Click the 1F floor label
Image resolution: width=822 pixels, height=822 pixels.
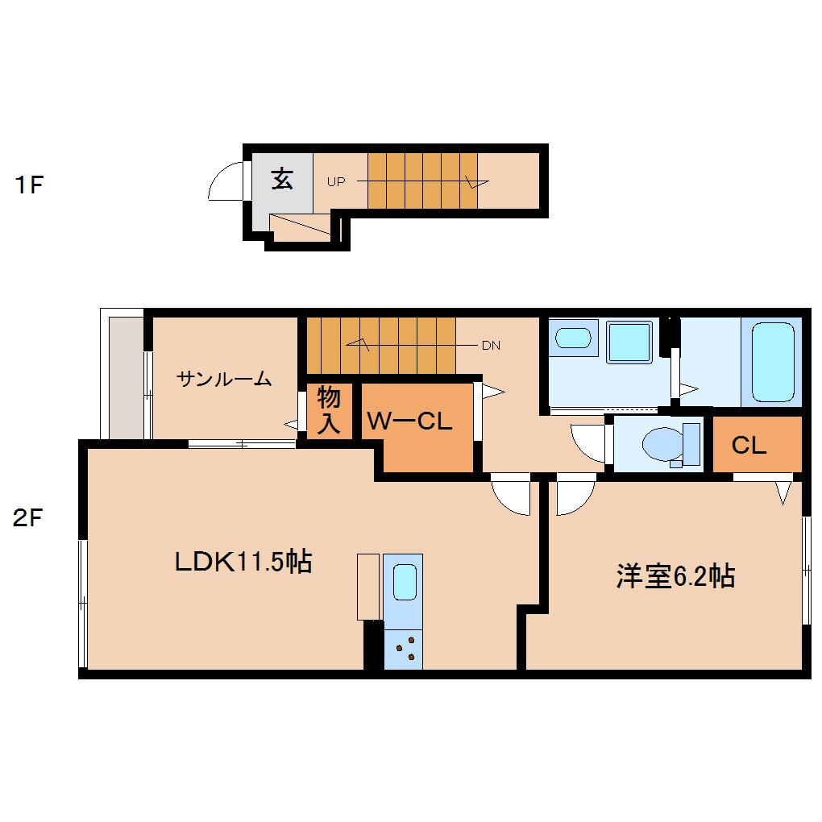[x=29, y=185]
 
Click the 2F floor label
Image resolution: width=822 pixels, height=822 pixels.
[x=27, y=518]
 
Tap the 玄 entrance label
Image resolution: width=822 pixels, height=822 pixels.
[x=282, y=179]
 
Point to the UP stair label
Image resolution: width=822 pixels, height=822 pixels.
[x=336, y=182]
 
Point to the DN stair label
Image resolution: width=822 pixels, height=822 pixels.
[x=492, y=346]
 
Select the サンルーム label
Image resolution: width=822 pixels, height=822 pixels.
[x=224, y=379]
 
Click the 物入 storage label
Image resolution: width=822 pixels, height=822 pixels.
[x=329, y=410]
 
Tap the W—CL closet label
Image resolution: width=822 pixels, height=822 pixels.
[x=409, y=421]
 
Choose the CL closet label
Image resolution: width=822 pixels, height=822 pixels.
[x=749, y=446]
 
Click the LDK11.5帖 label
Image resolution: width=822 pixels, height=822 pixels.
[x=243, y=562]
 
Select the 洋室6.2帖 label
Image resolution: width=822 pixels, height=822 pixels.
[x=675, y=576]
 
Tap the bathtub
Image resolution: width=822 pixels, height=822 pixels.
[x=773, y=362]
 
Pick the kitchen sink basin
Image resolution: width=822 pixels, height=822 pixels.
[x=405, y=582]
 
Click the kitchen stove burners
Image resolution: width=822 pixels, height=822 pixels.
[x=403, y=649]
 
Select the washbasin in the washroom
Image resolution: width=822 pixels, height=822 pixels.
[x=573, y=338]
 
